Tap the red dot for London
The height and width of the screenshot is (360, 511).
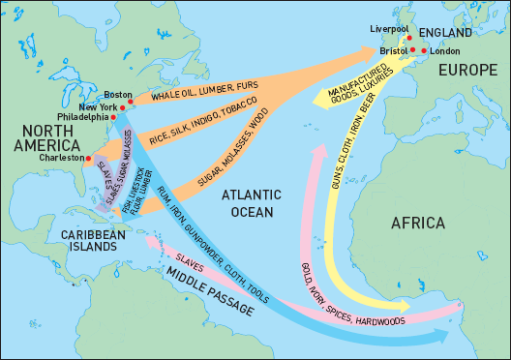point(424,49)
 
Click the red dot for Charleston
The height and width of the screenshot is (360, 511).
point(88,157)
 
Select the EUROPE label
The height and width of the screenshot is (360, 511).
point(467,71)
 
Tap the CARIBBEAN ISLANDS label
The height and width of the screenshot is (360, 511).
point(92,241)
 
